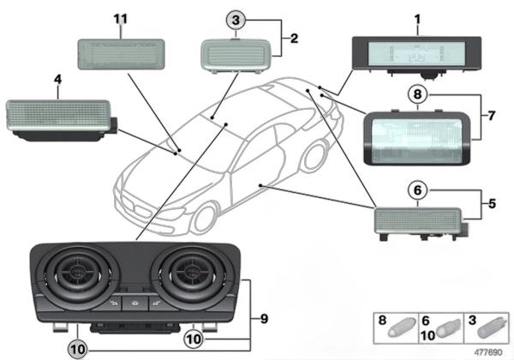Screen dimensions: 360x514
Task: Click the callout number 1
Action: pos(417,18)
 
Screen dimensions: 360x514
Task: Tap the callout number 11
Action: pos(120,18)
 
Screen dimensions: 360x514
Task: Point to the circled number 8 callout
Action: pos(417,98)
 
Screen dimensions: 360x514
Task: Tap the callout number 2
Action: pos(294,39)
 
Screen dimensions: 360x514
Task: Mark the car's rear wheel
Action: pos(319,159)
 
